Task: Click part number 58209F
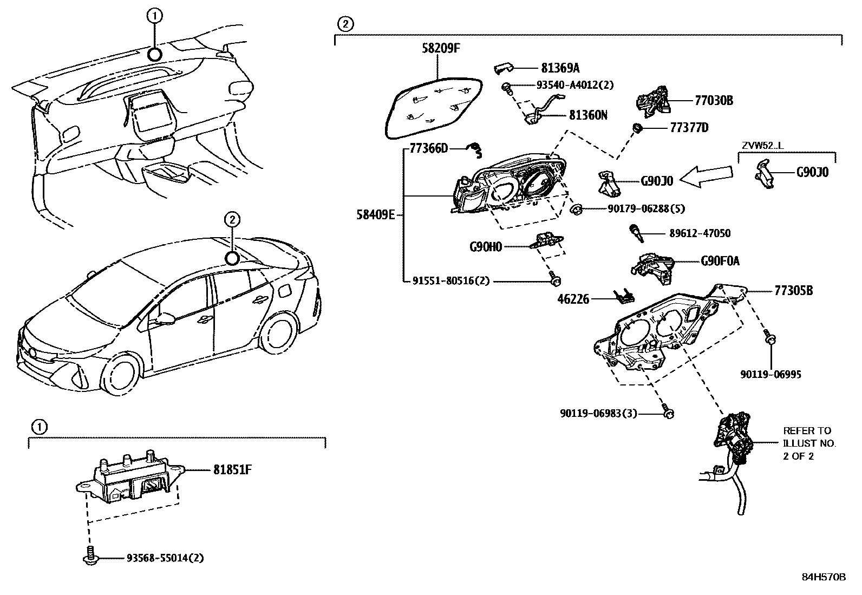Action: (441, 48)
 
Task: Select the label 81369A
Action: (560, 68)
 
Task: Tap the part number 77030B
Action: (714, 100)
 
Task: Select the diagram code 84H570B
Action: (823, 577)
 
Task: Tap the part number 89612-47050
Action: (700, 233)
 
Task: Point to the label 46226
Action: (574, 299)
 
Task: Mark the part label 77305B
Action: (793, 291)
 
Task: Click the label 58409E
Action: (375, 214)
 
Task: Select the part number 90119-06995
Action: (771, 374)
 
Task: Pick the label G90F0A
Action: (720, 261)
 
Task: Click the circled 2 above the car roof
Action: (232, 219)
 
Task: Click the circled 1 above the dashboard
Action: (154, 17)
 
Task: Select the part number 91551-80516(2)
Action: (443, 281)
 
